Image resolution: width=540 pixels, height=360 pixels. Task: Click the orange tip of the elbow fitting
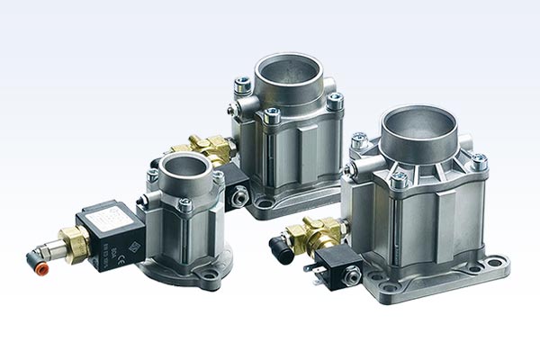(33, 259)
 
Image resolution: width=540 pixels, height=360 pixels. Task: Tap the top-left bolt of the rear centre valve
(242, 86)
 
